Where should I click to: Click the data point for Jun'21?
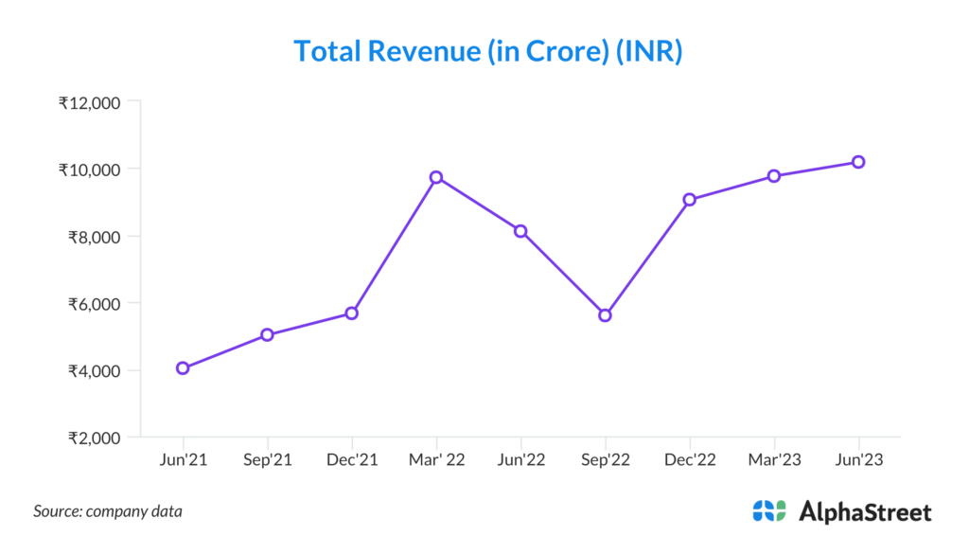183,368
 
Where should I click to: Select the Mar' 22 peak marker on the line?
436,177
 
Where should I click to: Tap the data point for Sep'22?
606,315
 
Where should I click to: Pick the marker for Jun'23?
858,162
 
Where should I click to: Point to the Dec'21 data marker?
351,313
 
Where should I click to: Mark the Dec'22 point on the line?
690,199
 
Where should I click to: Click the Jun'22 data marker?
520,231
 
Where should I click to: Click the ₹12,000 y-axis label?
89,102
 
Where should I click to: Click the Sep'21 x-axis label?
267,460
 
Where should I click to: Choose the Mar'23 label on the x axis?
774,460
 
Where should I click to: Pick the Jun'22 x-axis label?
520,460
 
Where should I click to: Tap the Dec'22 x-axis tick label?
690,460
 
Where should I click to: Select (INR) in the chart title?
649,51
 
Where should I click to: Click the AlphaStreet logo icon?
769,511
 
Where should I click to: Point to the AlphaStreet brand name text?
865,512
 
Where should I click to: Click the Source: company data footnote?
108,511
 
